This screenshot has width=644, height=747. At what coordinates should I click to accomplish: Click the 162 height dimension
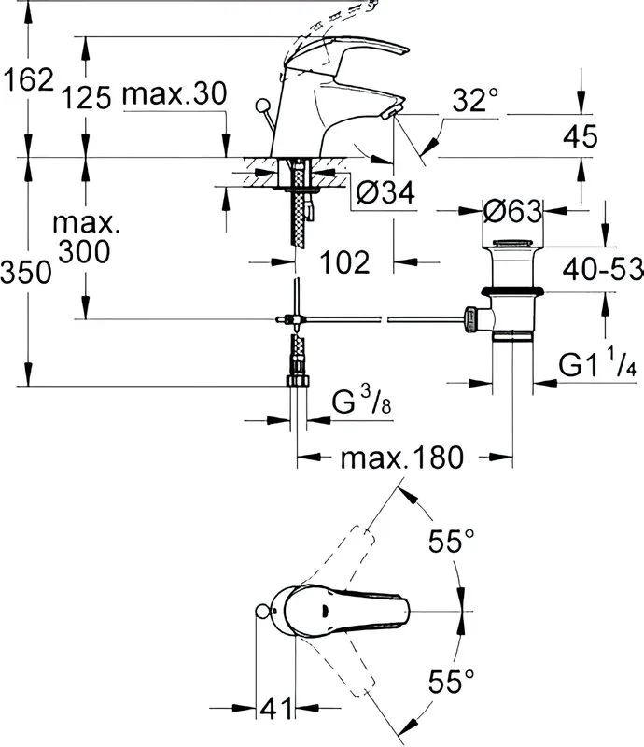(29, 79)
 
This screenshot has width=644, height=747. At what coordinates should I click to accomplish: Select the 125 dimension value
(86, 98)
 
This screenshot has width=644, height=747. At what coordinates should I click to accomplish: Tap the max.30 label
(175, 93)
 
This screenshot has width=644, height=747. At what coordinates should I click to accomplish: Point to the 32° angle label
(475, 100)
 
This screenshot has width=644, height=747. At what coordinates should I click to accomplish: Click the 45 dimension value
(580, 136)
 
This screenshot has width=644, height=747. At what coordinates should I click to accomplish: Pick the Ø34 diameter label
(385, 192)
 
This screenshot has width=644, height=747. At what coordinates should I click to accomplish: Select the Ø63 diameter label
(512, 211)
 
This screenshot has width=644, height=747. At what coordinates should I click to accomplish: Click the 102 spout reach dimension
(344, 261)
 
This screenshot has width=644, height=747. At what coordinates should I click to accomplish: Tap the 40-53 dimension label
(603, 269)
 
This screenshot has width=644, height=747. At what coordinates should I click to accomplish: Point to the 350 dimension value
(26, 273)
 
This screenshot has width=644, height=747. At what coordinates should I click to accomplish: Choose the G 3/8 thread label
(361, 402)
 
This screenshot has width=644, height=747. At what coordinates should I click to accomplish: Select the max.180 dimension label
(401, 458)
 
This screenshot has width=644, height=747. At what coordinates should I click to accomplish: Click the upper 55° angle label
(452, 541)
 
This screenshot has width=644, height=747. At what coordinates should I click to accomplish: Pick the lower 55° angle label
(452, 681)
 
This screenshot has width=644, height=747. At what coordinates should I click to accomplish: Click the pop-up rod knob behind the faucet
(262, 106)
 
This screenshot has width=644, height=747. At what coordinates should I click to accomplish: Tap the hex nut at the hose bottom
(298, 380)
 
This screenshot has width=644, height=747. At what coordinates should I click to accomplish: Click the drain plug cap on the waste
(512, 243)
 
